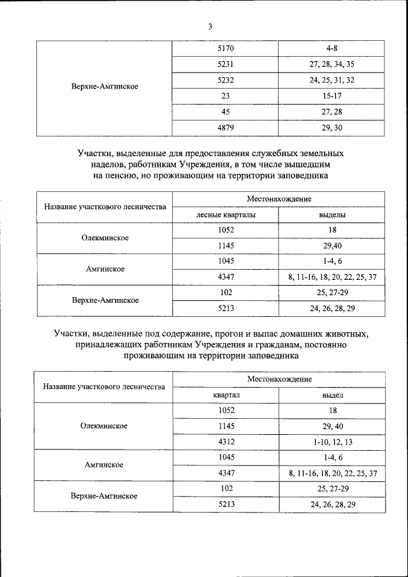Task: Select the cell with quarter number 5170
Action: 226,48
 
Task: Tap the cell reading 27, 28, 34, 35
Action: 331,64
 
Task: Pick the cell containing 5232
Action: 226,81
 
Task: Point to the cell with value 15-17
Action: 331,97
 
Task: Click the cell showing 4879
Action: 226,129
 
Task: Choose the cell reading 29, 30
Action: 331,129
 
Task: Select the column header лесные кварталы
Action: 226,215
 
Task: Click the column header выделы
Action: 331,215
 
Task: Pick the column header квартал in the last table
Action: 226,395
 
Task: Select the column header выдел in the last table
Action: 331,395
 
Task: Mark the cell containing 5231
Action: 226,64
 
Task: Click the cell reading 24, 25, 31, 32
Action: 331,81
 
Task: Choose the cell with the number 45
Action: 226,113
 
